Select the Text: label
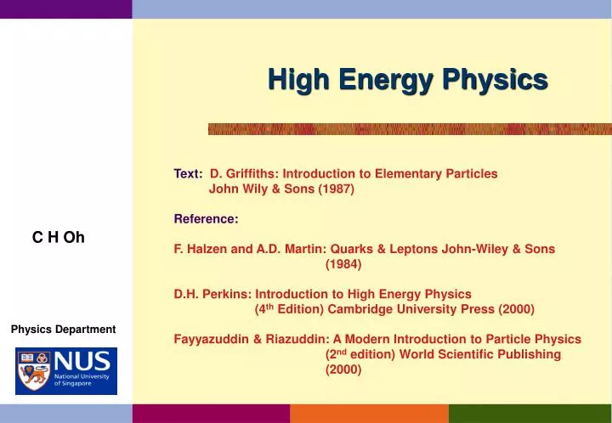point(188,173)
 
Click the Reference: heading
point(206,218)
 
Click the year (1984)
point(343,264)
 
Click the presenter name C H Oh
point(59,237)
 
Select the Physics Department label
point(63,329)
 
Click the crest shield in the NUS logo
point(33,371)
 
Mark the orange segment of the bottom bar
point(369,414)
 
